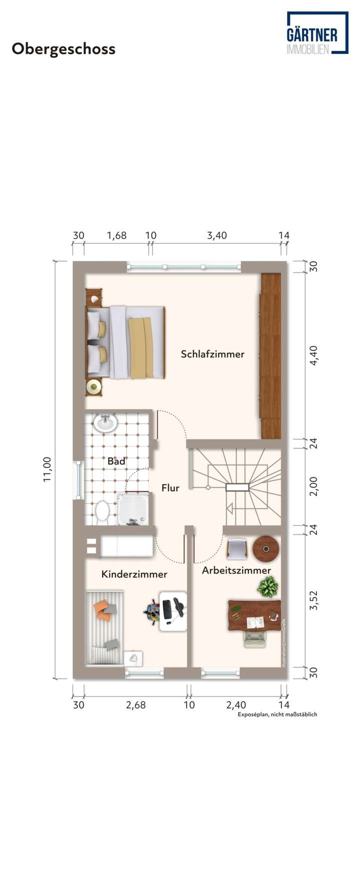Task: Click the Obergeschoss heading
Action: click(63, 49)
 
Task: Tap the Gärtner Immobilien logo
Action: click(317, 33)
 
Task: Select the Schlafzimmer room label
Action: click(212, 354)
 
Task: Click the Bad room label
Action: click(116, 461)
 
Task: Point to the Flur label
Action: click(170, 488)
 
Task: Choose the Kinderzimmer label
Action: click(134, 574)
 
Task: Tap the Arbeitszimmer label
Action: click(236, 570)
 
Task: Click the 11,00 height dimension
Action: click(47, 469)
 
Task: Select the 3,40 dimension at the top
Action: click(217, 235)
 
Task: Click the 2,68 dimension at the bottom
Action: click(135, 705)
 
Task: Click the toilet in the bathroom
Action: click(102, 511)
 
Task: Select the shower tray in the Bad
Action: click(132, 509)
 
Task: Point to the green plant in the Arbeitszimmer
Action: click(268, 587)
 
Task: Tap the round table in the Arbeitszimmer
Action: click(265, 549)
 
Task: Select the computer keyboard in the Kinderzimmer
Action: click(166, 608)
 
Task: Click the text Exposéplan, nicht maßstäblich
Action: click(277, 714)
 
